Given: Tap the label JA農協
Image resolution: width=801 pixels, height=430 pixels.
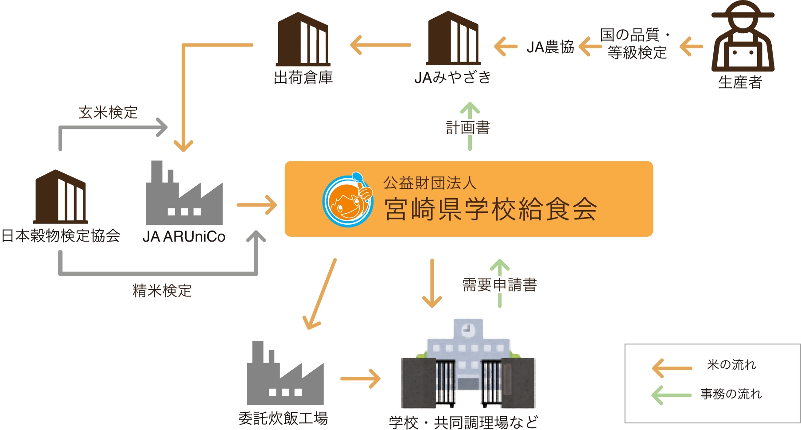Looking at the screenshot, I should (x=550, y=47).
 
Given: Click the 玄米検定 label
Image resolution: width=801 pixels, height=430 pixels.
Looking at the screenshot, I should (x=108, y=113).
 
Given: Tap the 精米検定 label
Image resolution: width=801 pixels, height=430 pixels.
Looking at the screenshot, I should (x=162, y=291).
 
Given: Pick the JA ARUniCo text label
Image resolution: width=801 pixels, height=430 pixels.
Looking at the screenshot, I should (x=184, y=237).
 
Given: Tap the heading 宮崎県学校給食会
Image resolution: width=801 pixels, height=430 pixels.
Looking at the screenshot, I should (x=491, y=209).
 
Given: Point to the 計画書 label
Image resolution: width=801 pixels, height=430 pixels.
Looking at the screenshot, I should (x=468, y=128).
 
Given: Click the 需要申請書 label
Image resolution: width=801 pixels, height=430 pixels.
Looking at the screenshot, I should (x=499, y=285).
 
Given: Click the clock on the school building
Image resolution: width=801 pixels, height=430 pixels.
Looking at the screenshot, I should (x=468, y=330).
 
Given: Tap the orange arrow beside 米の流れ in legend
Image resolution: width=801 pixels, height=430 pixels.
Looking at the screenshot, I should (x=672, y=368).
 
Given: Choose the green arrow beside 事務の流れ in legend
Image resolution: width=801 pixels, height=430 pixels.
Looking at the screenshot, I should (x=672, y=395).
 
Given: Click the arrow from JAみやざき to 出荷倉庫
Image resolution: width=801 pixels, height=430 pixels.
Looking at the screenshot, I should (x=381, y=45).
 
